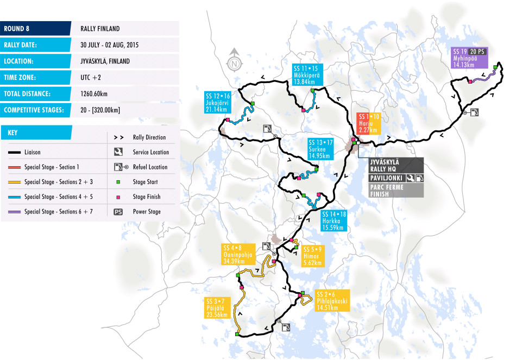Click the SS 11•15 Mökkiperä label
pyautogui.click(x=307, y=74)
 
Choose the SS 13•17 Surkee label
pyautogui.click(x=319, y=149)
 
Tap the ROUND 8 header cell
pyautogui.click(x=35, y=28)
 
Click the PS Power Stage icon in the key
pyautogui.click(x=118, y=212)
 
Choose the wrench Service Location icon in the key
pyautogui.click(x=118, y=152)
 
